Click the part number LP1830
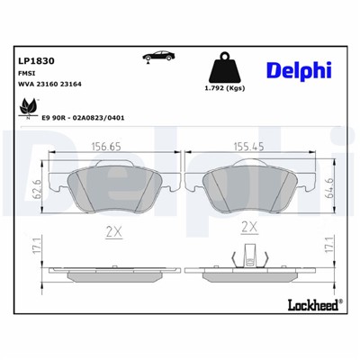(x=32, y=61)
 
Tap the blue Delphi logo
(x=299, y=69)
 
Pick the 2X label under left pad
(x=114, y=230)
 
